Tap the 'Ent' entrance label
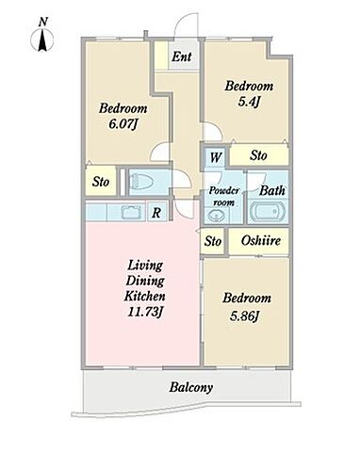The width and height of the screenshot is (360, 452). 182,56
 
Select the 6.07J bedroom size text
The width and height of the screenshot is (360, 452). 123,124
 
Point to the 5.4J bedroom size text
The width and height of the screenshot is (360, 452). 250,102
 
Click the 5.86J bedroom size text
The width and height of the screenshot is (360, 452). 244,315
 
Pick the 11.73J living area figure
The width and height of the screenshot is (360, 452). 145,312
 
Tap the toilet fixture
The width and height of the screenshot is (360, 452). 142,182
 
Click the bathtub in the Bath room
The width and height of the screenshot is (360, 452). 268,211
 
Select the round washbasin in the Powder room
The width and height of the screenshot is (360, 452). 216,216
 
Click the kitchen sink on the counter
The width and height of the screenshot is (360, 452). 132,213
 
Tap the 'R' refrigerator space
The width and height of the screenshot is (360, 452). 156,213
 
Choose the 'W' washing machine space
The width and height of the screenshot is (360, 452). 215,157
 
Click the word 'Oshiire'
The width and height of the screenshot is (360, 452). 261,241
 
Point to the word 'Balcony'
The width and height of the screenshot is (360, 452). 191,388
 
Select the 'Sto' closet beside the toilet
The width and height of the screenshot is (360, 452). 101,182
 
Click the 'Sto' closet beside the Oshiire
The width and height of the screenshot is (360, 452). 213,241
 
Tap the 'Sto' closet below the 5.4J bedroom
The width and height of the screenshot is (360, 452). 258,155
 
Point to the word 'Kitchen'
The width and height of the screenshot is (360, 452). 145,296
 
